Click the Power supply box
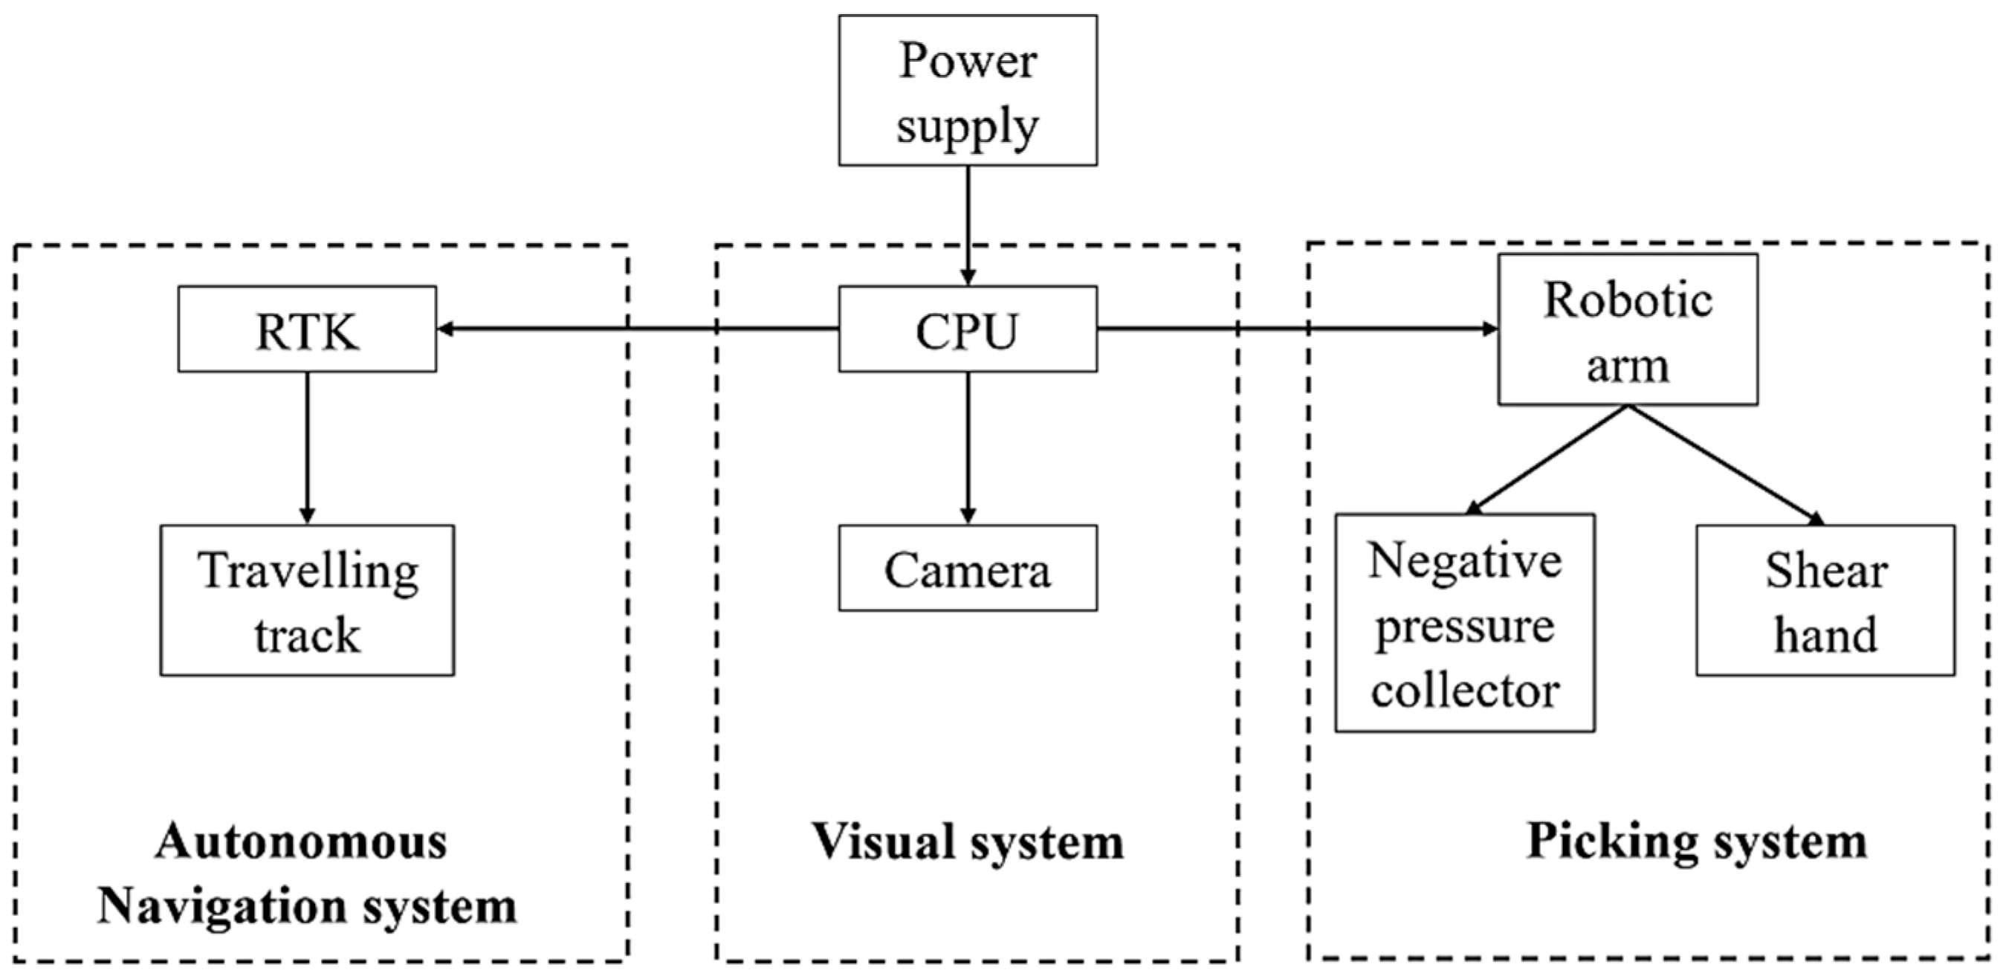967,90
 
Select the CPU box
967,329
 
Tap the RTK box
306,329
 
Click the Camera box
967,569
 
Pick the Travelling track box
306,601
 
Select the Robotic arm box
1628,330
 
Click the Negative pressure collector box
1465,623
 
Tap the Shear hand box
1825,601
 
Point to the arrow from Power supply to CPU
967,225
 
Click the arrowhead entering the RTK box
444,329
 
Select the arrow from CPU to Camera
967,447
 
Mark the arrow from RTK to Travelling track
306,447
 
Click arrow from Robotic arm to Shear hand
1727,465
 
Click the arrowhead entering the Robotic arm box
1491,329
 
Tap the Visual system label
967,841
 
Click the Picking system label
1697,841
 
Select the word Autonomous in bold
302,841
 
